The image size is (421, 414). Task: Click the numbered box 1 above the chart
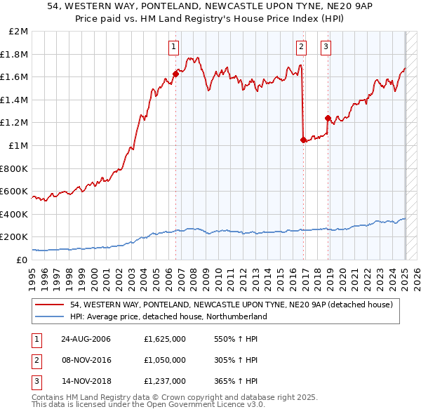click(x=173, y=47)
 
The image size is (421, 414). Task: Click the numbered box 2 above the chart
click(x=301, y=47)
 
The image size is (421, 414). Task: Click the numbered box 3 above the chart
click(x=326, y=47)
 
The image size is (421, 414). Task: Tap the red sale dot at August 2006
click(x=175, y=74)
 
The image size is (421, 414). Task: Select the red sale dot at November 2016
click(x=303, y=140)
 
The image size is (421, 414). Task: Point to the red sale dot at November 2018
click(x=328, y=118)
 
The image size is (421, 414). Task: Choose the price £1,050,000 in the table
click(x=163, y=360)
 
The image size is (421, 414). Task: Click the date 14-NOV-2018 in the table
click(x=84, y=381)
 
